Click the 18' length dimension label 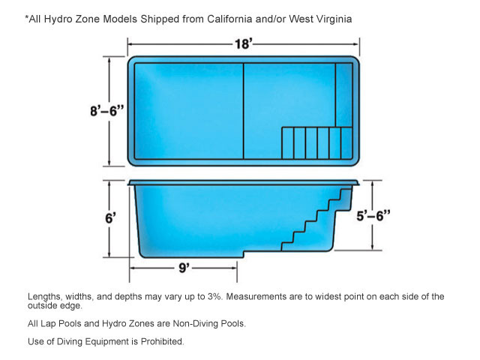(x=244, y=44)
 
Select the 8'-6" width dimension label (x=106, y=111)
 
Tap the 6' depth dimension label (x=110, y=218)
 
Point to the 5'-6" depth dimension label (x=373, y=216)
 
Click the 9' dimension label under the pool (x=184, y=268)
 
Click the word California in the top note (x=229, y=19)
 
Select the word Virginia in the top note (x=334, y=19)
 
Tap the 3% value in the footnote (x=214, y=296)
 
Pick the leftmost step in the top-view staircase (x=287, y=143)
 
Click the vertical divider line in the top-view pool (x=243, y=111)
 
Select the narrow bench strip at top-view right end (x=343, y=95)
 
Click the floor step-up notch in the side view (x=244, y=254)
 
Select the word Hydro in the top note (x=57, y=19)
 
